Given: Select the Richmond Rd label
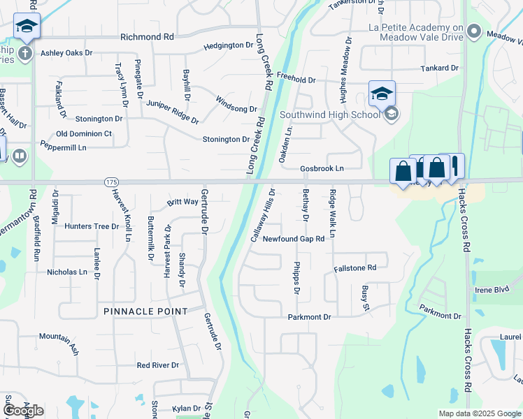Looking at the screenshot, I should point(147,36).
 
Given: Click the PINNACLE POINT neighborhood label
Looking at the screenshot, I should point(145,311).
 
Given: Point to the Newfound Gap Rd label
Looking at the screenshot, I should point(294,239).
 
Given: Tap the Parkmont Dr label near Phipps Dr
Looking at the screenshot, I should point(309,317).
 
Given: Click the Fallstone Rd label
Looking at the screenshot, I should point(355,267).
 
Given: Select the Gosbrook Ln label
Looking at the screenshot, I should point(322,168).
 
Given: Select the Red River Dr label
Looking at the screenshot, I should point(158,365).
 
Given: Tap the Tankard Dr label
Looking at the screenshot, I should point(439,68).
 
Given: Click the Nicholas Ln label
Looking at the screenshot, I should point(68,272).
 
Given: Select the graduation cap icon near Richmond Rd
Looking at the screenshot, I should point(27,27).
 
